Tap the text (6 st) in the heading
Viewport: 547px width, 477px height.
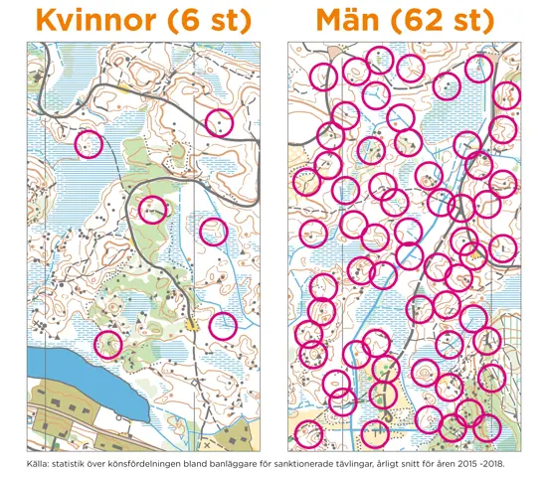tap(209, 20)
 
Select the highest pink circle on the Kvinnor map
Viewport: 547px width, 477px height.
tap(219, 122)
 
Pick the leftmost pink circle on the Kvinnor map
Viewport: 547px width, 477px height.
tap(90, 144)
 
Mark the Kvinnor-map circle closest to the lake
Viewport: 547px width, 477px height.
tap(107, 345)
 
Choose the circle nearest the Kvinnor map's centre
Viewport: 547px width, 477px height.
tap(152, 209)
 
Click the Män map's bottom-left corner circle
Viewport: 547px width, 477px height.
tap(309, 434)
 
